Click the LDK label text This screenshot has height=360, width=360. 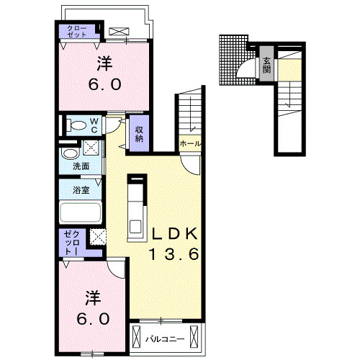click(x=175, y=233)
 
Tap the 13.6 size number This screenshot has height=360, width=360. click(x=174, y=254)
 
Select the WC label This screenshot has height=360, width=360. click(x=94, y=125)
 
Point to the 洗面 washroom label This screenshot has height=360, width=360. click(x=81, y=166)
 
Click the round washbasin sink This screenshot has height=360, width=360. click(x=70, y=153)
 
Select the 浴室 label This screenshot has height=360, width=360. click(x=81, y=190)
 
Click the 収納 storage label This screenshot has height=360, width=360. click(x=139, y=134)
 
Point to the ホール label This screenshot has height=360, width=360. click(x=189, y=143)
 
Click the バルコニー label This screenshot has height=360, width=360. click(x=166, y=339)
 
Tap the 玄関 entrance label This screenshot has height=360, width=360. click(x=266, y=66)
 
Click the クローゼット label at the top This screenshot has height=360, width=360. click(x=77, y=31)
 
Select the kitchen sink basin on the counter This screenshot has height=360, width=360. click(x=135, y=226)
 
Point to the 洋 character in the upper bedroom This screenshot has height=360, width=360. click(x=105, y=63)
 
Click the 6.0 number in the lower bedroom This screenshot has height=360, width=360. click(x=94, y=318)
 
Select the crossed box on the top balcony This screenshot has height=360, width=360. click(x=119, y=32)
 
